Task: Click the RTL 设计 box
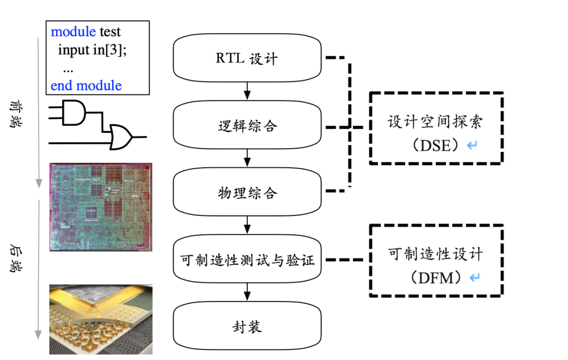[247, 58]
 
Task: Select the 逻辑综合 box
[247, 126]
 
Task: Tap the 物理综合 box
[247, 193]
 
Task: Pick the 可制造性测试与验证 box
[247, 260]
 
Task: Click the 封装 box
[247, 327]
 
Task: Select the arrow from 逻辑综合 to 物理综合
[247, 159]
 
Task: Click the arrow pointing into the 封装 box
[247, 293]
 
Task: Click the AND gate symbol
[74, 112]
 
